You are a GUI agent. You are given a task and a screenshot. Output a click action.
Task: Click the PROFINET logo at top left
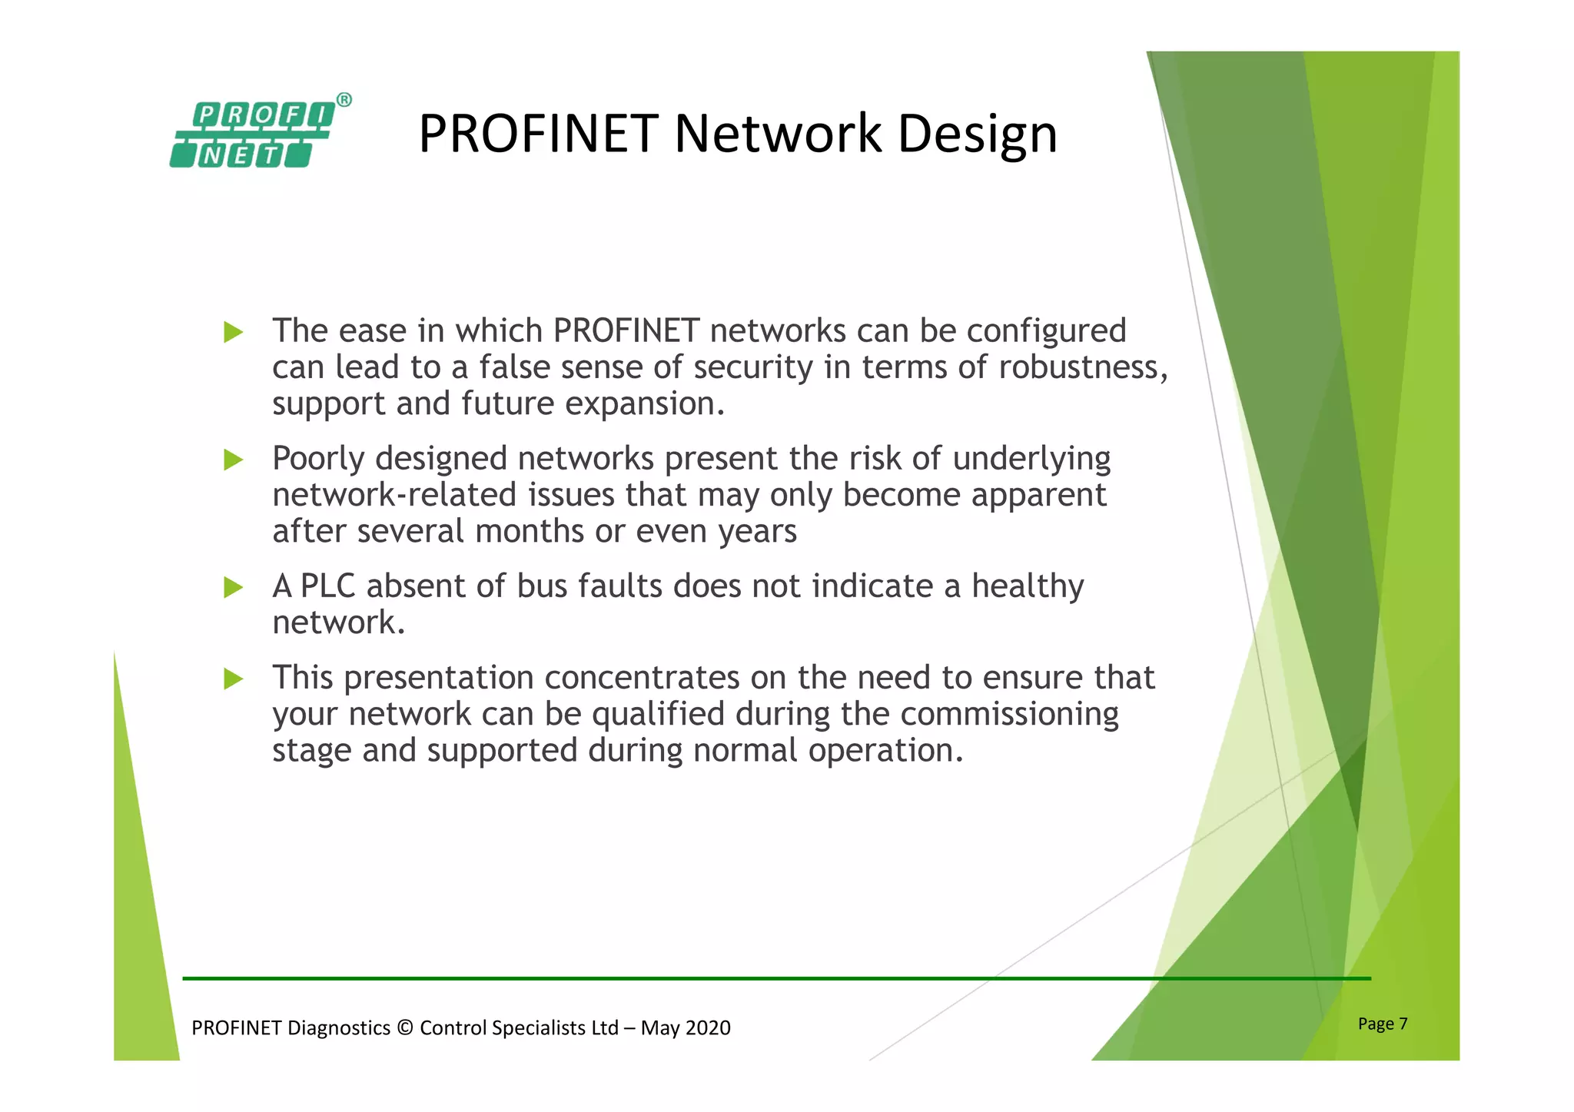click(252, 135)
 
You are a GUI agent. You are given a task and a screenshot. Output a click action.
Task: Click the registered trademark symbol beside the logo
click(344, 100)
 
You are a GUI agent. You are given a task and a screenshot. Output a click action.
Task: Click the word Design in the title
click(978, 134)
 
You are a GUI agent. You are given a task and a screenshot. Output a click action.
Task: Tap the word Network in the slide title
click(778, 134)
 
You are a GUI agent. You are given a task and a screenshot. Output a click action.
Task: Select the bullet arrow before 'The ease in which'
click(233, 333)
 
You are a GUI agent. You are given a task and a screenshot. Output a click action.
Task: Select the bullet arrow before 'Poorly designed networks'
click(233, 460)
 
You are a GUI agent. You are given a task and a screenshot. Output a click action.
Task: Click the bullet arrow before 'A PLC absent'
click(233, 588)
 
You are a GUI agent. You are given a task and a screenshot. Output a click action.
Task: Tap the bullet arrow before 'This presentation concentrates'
click(233, 679)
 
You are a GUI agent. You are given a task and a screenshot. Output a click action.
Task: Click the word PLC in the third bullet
click(327, 586)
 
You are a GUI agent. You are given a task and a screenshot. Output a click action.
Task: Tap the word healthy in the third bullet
click(1028, 586)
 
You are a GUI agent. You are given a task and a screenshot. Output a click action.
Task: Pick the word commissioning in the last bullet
click(1009, 715)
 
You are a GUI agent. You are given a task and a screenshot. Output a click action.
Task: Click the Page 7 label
click(1382, 1024)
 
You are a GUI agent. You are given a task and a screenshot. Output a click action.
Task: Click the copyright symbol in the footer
click(405, 1028)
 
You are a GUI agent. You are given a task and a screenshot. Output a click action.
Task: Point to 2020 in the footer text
click(708, 1028)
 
